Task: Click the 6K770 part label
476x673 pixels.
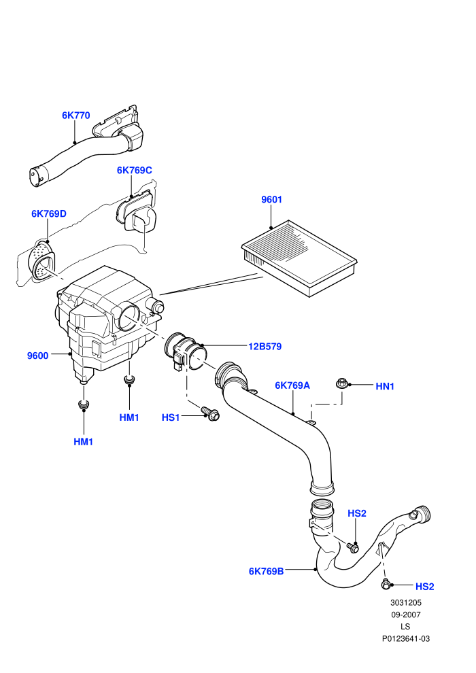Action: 76,116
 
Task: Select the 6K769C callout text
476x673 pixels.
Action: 135,171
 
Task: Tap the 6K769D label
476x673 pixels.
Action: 49,213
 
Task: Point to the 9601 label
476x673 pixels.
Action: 272,200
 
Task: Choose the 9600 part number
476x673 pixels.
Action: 38,356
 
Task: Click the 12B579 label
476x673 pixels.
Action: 265,347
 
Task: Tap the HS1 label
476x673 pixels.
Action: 171,417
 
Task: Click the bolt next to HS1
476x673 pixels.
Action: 211,414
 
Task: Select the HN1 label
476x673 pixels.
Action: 385,386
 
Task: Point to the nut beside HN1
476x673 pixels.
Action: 342,383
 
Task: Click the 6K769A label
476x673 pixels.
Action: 292,385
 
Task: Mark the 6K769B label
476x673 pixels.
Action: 266,572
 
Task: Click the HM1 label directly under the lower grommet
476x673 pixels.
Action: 83,442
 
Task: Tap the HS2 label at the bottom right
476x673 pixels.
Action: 424,587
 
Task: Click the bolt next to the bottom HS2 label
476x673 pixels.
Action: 386,584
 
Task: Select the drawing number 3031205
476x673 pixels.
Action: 405,603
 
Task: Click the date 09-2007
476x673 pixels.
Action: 405,615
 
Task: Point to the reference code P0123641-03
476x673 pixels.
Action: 405,639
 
